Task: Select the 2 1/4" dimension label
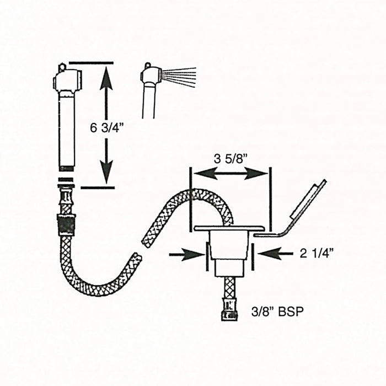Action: (317, 254)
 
